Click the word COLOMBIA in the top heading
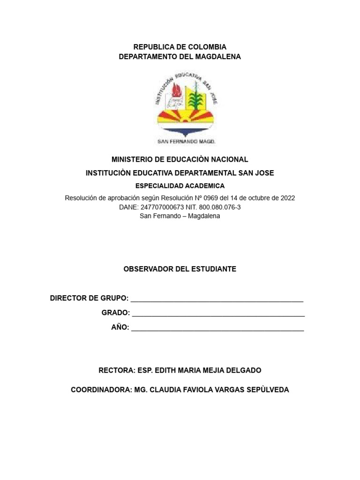[207, 47]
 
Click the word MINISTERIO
[136, 160]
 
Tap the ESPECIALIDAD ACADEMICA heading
[180, 186]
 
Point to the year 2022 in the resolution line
[287, 198]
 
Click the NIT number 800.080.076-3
[216, 207]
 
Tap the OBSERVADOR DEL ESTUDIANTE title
[180, 269]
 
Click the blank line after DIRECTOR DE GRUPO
[217, 300]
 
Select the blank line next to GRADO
[218, 315]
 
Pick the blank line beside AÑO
[217, 329]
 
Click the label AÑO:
[120, 327]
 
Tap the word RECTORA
[117, 370]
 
